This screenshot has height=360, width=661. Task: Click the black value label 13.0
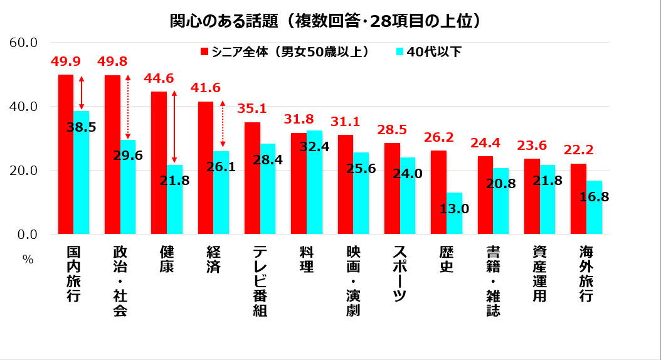click(455, 208)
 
